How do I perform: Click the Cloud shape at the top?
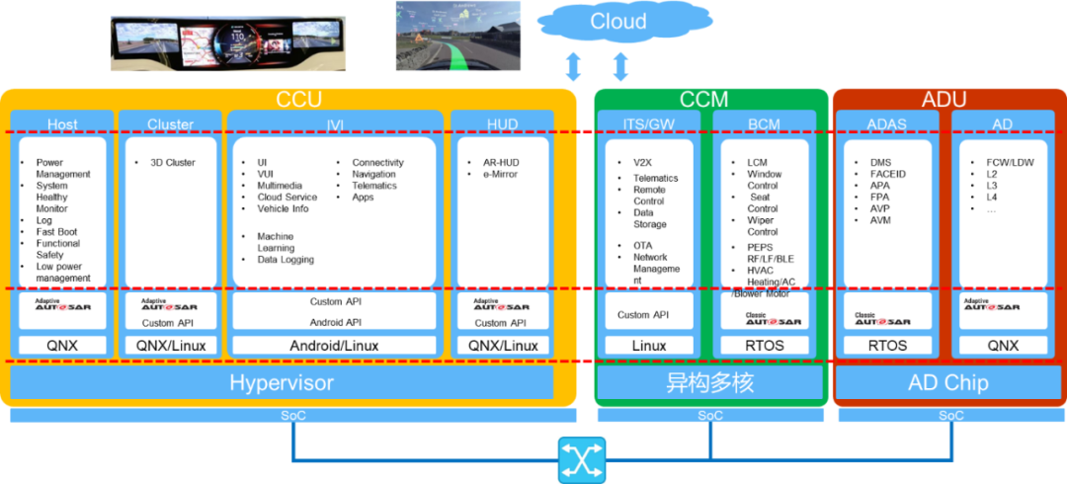[x=619, y=22]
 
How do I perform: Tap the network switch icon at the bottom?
[x=581, y=459]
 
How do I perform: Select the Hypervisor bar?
[x=282, y=382]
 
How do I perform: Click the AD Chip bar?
[x=948, y=382]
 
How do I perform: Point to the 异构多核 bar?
[x=709, y=382]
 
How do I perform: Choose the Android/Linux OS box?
[x=333, y=346]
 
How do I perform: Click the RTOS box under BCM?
[x=765, y=346]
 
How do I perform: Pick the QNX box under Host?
[x=62, y=346]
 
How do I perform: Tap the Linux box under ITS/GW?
[x=648, y=346]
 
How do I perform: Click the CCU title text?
[x=298, y=99]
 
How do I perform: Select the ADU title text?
[x=944, y=99]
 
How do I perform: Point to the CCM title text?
[x=703, y=99]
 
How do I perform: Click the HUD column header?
[x=502, y=124]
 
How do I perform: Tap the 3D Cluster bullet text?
[x=173, y=162]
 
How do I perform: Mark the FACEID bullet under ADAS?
[x=888, y=174]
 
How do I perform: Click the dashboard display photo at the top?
[x=222, y=42]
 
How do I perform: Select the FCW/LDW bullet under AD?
[x=1010, y=162]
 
